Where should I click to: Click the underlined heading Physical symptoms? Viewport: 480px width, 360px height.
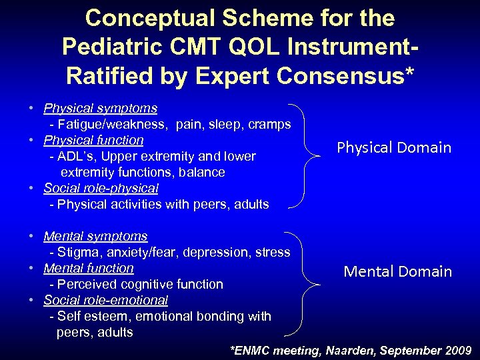click(x=101, y=108)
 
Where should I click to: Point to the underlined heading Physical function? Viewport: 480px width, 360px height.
click(x=93, y=140)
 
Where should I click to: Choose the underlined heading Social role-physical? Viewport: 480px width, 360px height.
click(x=101, y=188)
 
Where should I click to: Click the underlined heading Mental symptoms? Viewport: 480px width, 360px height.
click(x=95, y=236)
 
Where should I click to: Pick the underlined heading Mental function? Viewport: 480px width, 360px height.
click(x=89, y=268)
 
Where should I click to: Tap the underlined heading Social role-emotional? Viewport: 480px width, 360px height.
click(x=105, y=300)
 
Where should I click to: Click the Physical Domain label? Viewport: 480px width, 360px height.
click(x=394, y=148)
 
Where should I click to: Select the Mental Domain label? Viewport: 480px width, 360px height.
click(x=397, y=271)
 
